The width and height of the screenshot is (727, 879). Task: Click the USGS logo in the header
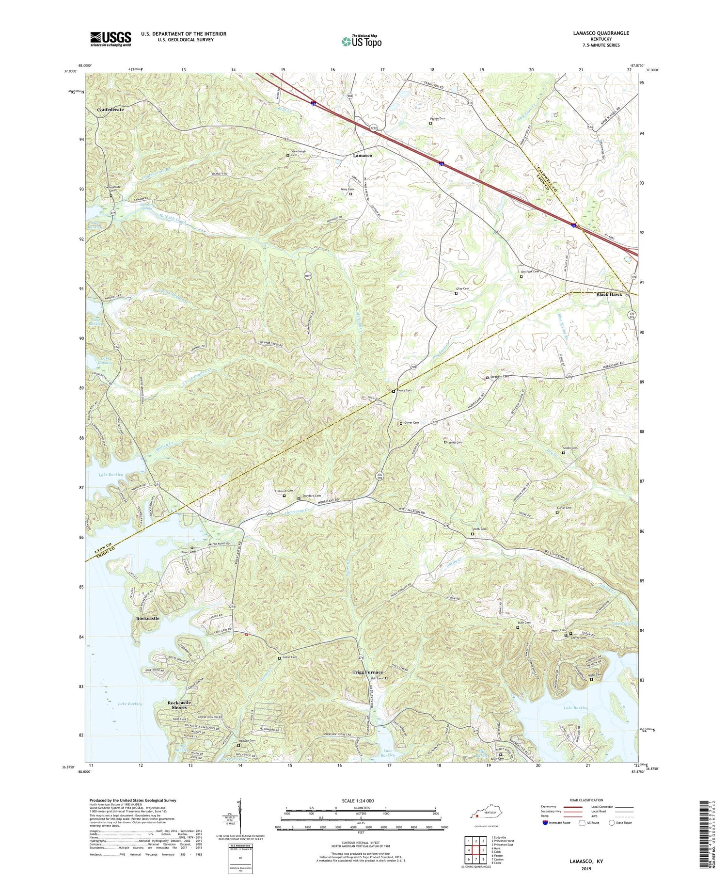pos(111,39)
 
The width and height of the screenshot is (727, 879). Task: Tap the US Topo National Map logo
pos(361,41)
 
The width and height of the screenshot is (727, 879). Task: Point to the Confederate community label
pos(111,110)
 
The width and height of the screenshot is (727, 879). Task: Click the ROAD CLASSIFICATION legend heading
pos(586,800)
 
